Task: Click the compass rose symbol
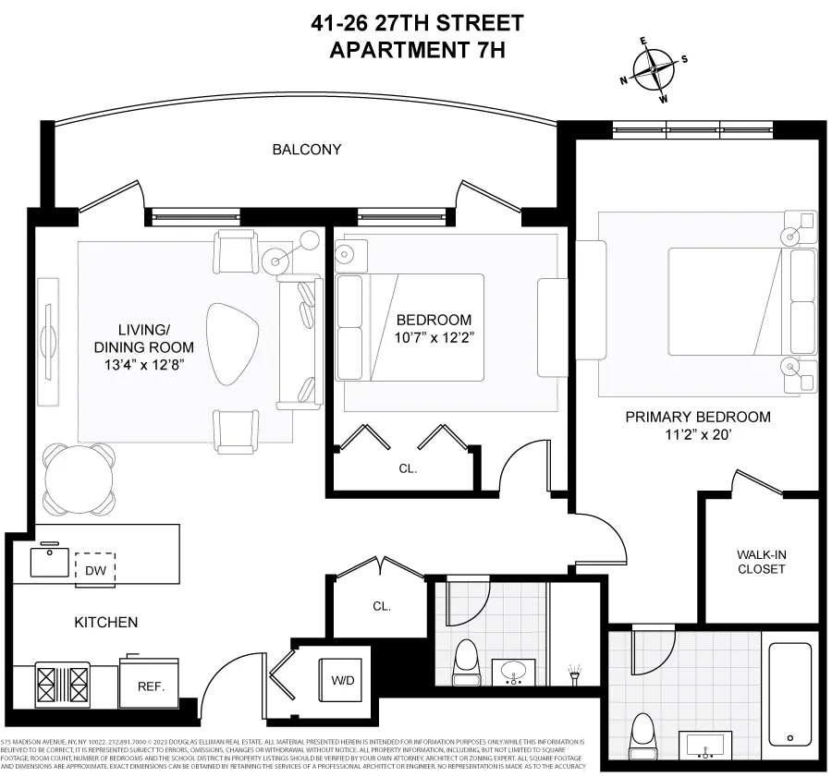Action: tap(655, 69)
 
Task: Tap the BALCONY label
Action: tap(307, 149)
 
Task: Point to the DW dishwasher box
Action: tap(94, 569)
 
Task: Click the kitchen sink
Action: tap(49, 561)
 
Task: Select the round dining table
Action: tap(80, 479)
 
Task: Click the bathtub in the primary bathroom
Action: tap(789, 694)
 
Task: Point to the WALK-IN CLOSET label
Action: tap(761, 561)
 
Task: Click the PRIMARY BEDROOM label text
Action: tap(698, 417)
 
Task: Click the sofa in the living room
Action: tap(299, 342)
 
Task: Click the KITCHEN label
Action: tap(105, 623)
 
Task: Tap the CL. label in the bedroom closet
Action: tap(408, 468)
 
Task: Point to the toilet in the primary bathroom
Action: tap(642, 736)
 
